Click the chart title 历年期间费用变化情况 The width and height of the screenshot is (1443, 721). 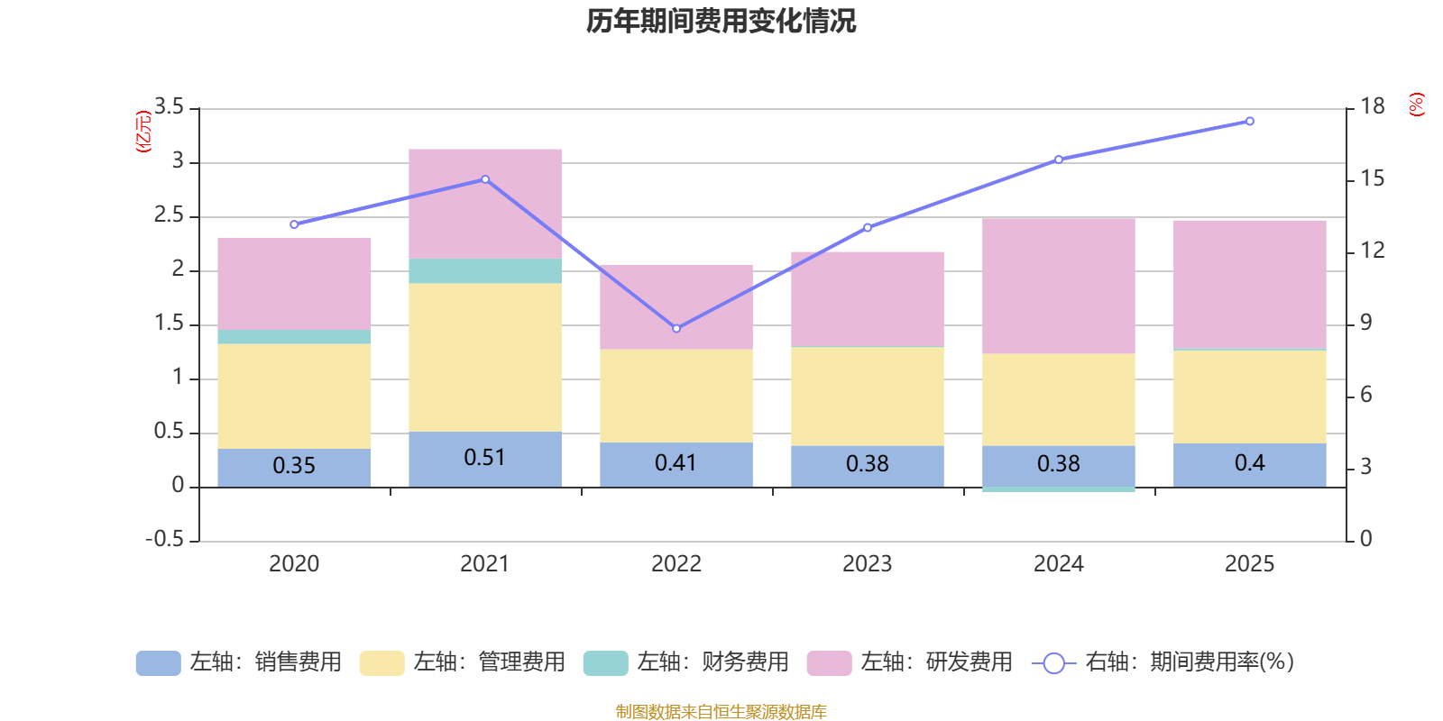tap(721, 21)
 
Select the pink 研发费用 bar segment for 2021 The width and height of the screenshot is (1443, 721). tap(485, 204)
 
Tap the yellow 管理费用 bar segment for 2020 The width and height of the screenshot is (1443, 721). tap(294, 396)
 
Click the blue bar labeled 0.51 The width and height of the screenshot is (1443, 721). tap(485, 459)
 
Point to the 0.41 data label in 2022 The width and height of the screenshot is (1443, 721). tap(676, 463)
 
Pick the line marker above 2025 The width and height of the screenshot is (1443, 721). tap(1249, 121)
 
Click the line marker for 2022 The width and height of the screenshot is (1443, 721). tap(676, 328)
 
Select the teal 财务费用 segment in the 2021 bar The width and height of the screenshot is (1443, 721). tap(485, 271)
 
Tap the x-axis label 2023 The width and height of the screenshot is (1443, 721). tap(867, 564)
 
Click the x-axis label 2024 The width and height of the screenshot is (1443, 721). tap(1058, 564)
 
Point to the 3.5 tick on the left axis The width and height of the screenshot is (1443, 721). tap(169, 107)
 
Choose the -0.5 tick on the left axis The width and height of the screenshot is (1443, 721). tap(164, 539)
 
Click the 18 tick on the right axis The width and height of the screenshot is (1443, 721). tap(1373, 106)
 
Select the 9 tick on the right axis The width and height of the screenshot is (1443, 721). tap(1365, 323)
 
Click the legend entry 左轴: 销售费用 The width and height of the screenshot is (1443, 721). tap(239, 662)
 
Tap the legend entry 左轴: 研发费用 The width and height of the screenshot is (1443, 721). tap(910, 662)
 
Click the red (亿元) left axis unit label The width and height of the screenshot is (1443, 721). tap(142, 132)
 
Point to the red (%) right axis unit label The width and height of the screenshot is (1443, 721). tap(1417, 105)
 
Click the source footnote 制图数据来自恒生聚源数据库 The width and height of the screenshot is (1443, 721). tap(721, 712)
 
